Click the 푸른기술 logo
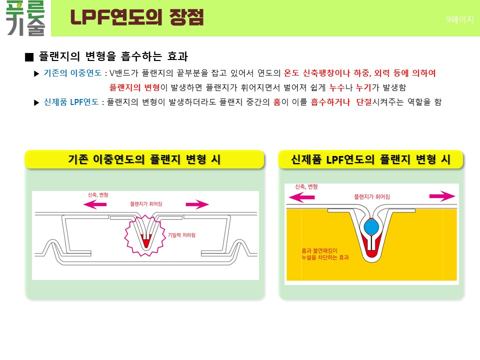(25, 18)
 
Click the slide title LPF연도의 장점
(137, 17)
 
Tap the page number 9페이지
(460, 19)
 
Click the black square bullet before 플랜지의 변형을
(29, 57)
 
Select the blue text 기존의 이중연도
(72, 73)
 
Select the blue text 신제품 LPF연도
(71, 102)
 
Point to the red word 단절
(364, 102)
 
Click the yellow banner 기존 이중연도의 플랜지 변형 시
(144, 159)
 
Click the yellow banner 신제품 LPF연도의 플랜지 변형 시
(370, 159)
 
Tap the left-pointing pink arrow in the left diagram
(95, 204)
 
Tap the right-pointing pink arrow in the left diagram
(197, 204)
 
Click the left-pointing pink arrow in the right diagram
(302, 197)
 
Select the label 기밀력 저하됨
(181, 235)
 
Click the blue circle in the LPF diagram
(371, 227)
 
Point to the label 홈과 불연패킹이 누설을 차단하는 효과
(325, 254)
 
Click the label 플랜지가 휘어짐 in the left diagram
(146, 204)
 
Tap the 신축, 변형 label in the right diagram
(306, 186)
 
